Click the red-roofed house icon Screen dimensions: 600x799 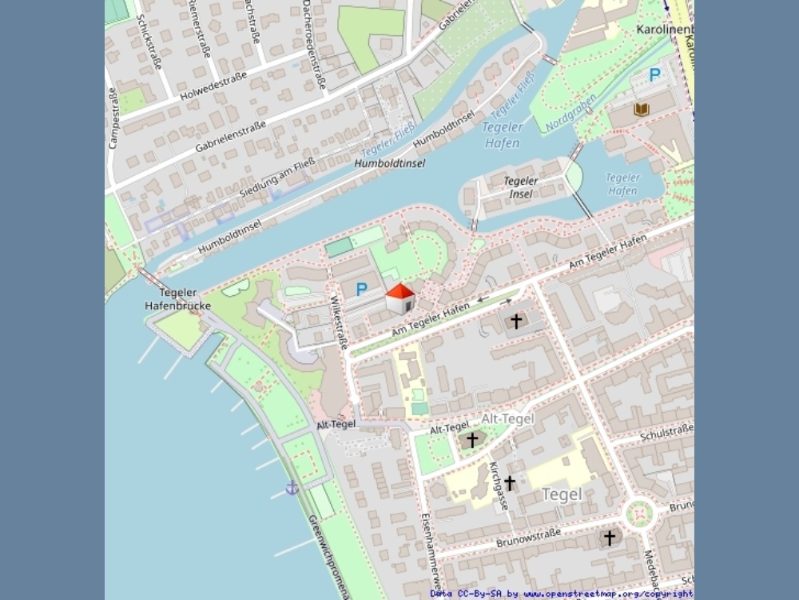click(x=400, y=298)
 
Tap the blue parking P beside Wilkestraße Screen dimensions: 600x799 click(x=362, y=288)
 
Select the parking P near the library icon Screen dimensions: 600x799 click(x=654, y=75)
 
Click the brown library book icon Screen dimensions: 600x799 click(x=641, y=108)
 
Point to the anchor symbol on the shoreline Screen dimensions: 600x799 click(x=292, y=487)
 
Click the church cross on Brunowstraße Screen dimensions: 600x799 click(x=610, y=538)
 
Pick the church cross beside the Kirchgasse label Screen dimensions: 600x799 click(x=510, y=482)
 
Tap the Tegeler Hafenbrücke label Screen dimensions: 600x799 click(x=178, y=299)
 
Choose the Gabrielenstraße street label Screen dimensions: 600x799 click(x=230, y=137)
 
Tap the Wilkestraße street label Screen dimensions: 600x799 click(x=340, y=322)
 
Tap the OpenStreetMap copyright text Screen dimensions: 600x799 click(x=561, y=594)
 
